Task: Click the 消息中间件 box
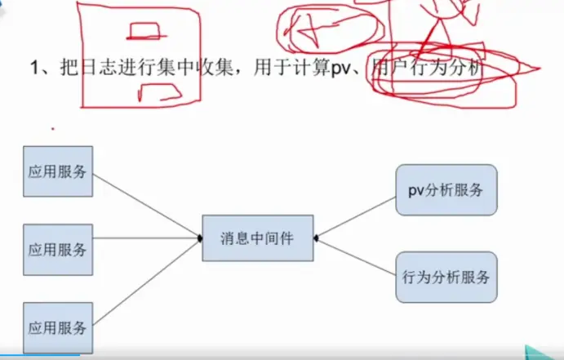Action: tap(257, 238)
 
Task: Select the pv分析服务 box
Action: tap(446, 189)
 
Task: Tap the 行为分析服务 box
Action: tap(446, 276)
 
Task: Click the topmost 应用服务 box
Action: tap(58, 171)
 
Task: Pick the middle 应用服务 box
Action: tap(58, 249)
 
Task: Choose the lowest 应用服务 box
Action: tap(58, 327)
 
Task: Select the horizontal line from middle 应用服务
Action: tap(147, 239)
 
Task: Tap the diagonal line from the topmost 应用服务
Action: tap(147, 205)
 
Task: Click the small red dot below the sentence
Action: tap(53, 128)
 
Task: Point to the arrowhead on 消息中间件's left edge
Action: tap(200, 238)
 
